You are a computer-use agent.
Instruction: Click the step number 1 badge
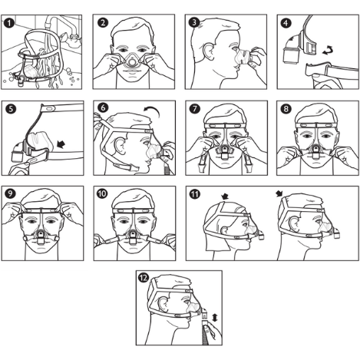pyautogui.click(x=10, y=22)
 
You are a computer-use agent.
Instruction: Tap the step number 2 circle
pyautogui.click(x=102, y=22)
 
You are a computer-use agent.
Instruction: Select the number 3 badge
pyautogui.click(x=194, y=22)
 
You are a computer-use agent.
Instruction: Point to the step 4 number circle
pyautogui.click(x=286, y=22)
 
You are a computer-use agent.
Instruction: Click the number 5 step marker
pyautogui.click(x=10, y=108)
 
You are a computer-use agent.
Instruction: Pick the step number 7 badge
pyautogui.click(x=194, y=108)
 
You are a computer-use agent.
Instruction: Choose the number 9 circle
pyautogui.click(x=10, y=193)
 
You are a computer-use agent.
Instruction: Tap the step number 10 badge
pyautogui.click(x=102, y=193)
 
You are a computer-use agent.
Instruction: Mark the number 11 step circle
pyautogui.click(x=195, y=193)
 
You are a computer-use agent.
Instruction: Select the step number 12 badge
pyautogui.click(x=144, y=278)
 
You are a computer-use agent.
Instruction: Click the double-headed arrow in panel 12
pyautogui.click(x=214, y=315)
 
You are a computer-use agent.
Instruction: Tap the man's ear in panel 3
pyautogui.click(x=210, y=54)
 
